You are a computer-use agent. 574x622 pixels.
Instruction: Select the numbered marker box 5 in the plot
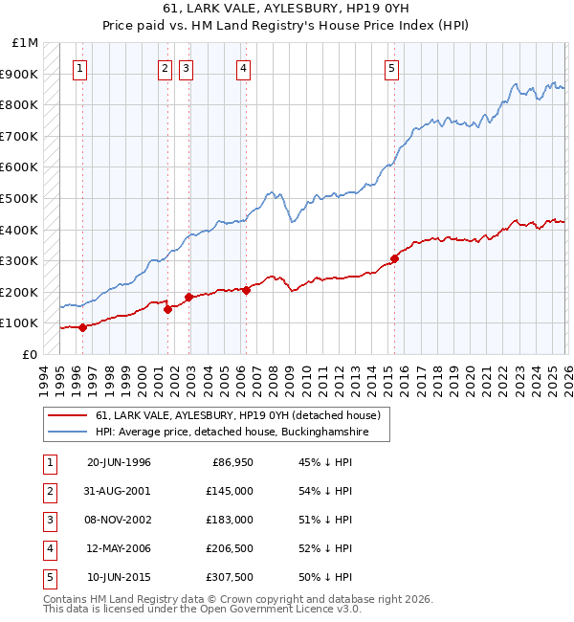point(392,68)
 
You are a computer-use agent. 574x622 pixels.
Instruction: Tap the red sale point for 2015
point(394,258)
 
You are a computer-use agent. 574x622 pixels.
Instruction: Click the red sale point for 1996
point(83,327)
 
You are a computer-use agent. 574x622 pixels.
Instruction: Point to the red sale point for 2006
point(246,290)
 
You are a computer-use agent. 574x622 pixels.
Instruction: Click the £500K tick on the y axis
point(19,198)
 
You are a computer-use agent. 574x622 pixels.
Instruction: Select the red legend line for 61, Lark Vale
point(68,415)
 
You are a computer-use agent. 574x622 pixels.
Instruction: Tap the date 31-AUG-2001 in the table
point(119,491)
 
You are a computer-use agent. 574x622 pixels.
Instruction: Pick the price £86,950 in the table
point(231,462)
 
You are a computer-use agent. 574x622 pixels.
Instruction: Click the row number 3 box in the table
point(48,520)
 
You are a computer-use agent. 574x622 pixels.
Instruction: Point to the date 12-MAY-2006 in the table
point(119,548)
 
